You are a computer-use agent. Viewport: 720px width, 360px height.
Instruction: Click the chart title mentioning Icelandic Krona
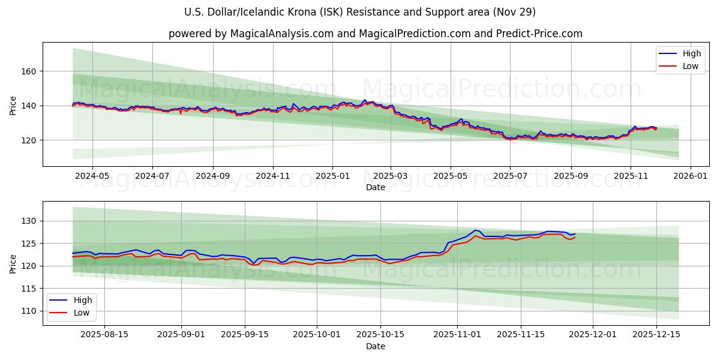pos(360,12)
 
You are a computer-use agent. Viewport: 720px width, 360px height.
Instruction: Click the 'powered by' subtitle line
pos(375,34)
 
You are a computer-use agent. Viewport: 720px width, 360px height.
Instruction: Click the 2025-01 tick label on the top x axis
pos(332,176)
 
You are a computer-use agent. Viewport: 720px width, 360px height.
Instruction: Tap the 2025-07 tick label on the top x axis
pos(509,176)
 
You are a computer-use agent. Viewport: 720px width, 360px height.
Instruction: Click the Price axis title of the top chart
pos(13,104)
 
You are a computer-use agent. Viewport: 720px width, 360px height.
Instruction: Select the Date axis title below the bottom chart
pos(375,346)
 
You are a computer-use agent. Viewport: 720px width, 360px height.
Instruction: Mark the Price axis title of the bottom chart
pos(13,263)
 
